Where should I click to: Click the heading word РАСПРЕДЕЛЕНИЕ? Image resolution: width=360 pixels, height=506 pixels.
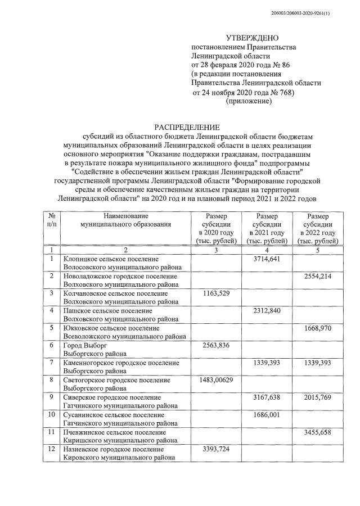(x=187, y=128)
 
